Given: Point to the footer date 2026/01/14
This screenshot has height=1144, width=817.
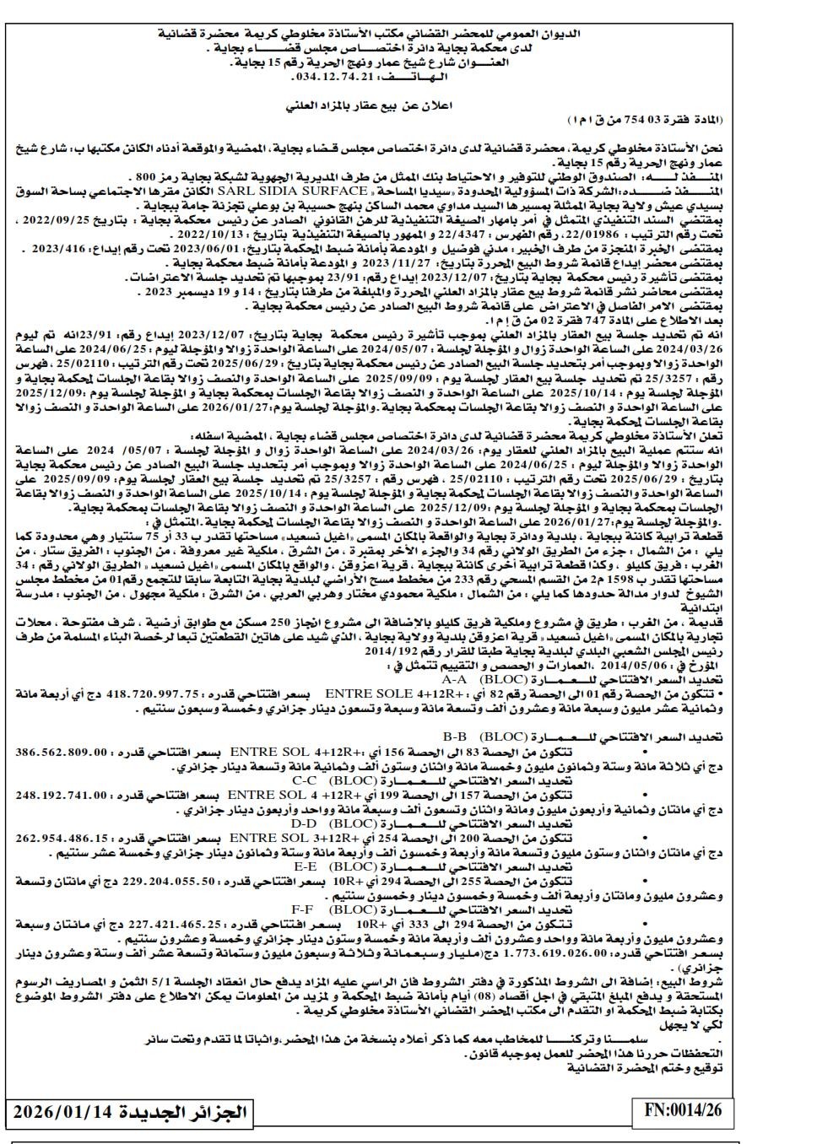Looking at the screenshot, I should (x=64, y=1111).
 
